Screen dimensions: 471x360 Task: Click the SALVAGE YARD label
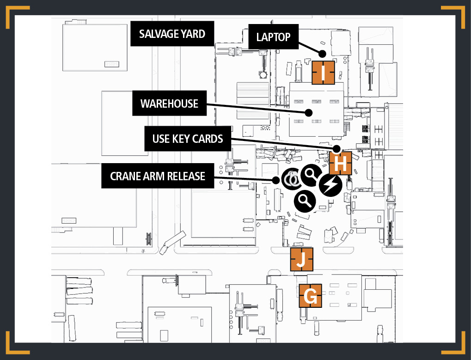[x=172, y=34]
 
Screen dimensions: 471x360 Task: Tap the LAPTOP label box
[x=273, y=37]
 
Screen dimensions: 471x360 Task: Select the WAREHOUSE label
[x=170, y=103]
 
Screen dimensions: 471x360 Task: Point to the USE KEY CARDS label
[x=188, y=139]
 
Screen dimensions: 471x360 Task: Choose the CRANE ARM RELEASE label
[x=158, y=176]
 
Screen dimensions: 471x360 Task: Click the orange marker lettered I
[x=323, y=73]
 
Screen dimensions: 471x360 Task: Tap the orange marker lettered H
[x=340, y=163]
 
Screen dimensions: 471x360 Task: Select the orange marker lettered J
[x=301, y=259]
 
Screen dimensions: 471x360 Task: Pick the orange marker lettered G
[x=310, y=296]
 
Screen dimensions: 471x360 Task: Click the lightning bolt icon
[x=330, y=185]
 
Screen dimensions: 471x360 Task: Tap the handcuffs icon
[x=292, y=179]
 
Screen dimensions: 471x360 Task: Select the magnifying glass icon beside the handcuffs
[x=312, y=175]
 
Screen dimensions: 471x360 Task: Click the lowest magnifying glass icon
[x=305, y=201]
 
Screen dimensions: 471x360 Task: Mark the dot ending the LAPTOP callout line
[x=322, y=54]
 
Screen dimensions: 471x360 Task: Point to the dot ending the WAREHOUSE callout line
[x=308, y=113]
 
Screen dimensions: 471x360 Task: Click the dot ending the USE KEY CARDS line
[x=337, y=149]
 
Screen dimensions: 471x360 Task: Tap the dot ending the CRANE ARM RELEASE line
[x=276, y=180]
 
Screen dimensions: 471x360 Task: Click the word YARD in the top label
[x=193, y=34]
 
